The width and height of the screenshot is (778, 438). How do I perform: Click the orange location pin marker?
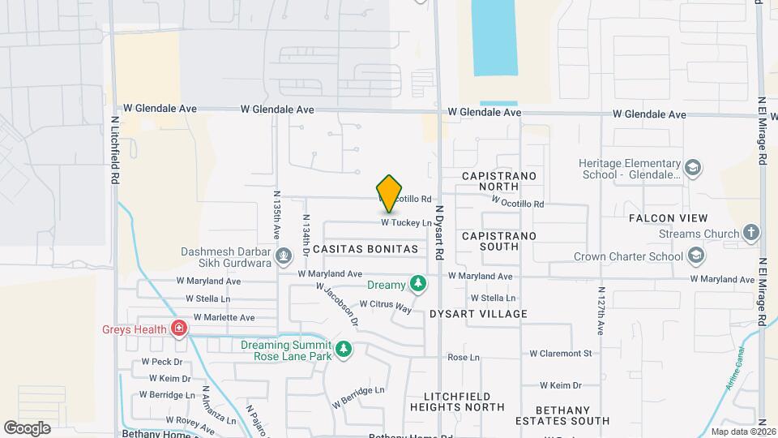click(389, 193)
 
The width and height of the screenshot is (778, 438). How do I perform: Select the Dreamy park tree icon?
click(418, 284)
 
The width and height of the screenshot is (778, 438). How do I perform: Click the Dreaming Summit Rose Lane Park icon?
click(344, 350)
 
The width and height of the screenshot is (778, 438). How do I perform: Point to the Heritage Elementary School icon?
click(693, 168)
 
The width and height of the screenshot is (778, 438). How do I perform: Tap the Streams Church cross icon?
click(751, 234)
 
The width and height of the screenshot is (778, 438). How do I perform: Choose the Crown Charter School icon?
click(695, 256)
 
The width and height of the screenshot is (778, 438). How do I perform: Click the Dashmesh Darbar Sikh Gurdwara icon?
click(284, 257)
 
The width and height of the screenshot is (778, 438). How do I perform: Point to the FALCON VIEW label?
click(668, 218)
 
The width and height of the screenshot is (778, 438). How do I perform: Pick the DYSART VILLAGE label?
click(478, 313)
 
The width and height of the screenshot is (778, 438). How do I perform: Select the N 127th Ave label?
click(601, 311)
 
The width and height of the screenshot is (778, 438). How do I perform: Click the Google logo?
click(27, 427)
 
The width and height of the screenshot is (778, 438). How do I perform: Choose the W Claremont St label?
click(561, 353)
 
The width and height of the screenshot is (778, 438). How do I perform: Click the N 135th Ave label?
click(277, 213)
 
